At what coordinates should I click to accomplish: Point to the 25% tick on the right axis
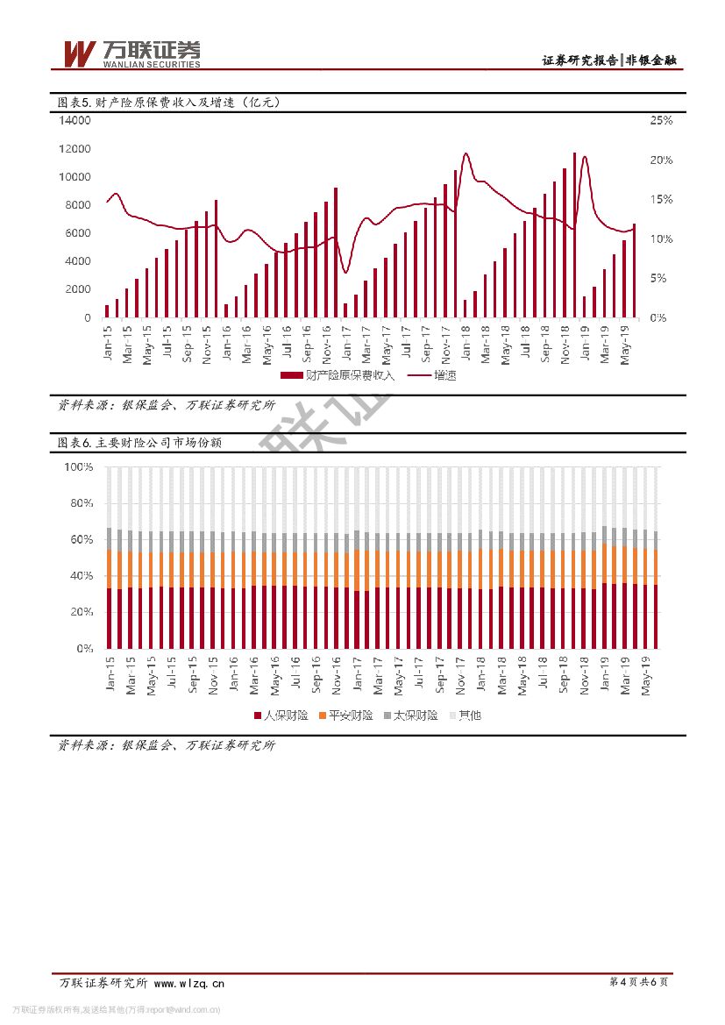[660, 120]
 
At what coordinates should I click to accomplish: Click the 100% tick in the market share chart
[79, 467]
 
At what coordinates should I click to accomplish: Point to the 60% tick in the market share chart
[82, 540]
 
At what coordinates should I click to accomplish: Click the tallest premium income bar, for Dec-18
[574, 235]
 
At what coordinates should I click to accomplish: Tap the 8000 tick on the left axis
[77, 205]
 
